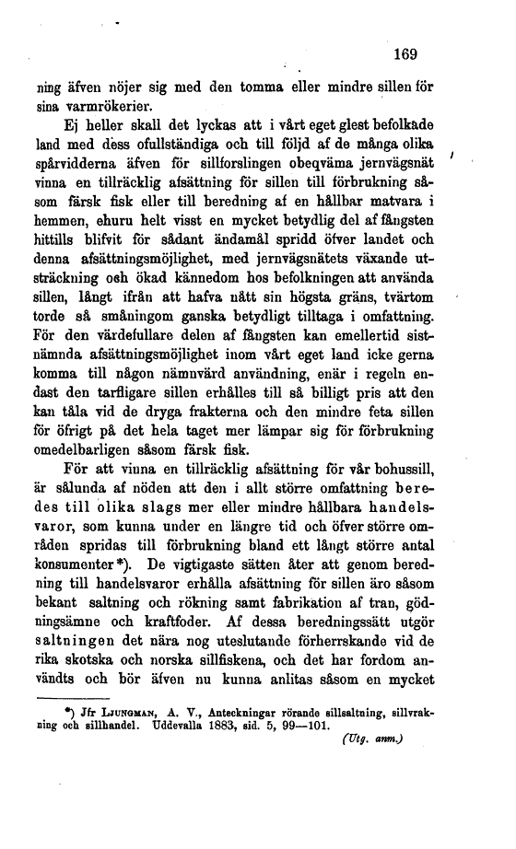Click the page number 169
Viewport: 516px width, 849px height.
(405, 55)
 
